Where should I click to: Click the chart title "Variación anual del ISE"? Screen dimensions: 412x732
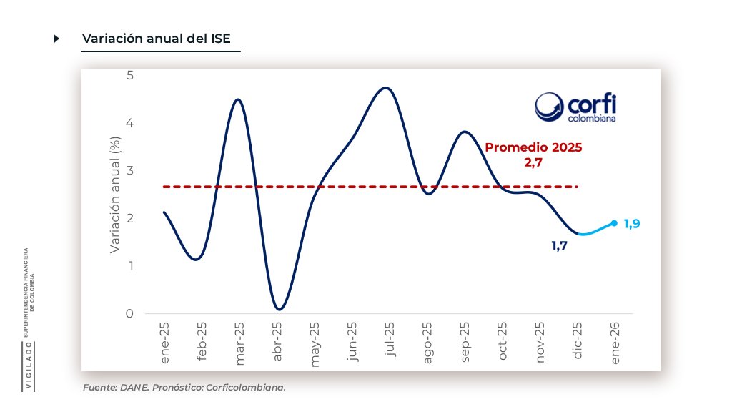[157, 39]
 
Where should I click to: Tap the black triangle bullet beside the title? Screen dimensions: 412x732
[56, 39]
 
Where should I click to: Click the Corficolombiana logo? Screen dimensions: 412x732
[575, 107]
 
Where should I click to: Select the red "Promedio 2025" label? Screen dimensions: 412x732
[533, 147]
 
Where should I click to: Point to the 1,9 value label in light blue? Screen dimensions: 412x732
[631, 224]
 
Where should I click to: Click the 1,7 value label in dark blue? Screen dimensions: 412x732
[559, 246]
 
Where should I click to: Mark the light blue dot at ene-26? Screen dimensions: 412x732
[614, 223]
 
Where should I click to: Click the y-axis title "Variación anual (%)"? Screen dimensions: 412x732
[114, 195]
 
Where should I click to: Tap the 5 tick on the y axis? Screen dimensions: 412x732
[129, 75]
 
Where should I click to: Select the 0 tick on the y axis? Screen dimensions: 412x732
[129, 313]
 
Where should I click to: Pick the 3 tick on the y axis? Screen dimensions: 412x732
[129, 170]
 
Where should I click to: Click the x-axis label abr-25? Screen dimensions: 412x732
[277, 343]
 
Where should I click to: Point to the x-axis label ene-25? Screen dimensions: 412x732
[165, 343]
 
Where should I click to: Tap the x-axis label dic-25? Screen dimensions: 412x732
[577, 342]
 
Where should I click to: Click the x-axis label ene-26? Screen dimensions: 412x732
[615, 343]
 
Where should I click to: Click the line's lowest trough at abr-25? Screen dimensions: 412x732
[279, 309]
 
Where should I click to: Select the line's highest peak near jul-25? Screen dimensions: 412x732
[386, 88]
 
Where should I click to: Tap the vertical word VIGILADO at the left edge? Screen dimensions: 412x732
[29, 366]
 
